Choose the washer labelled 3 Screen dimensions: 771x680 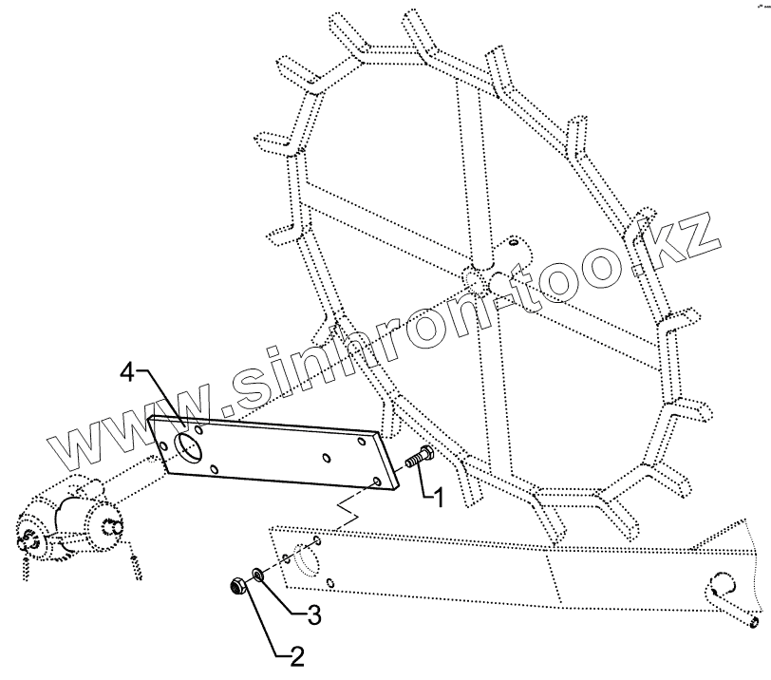(x=257, y=576)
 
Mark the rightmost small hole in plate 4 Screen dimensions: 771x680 (x=381, y=483)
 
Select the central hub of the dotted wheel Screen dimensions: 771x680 (x=474, y=275)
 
